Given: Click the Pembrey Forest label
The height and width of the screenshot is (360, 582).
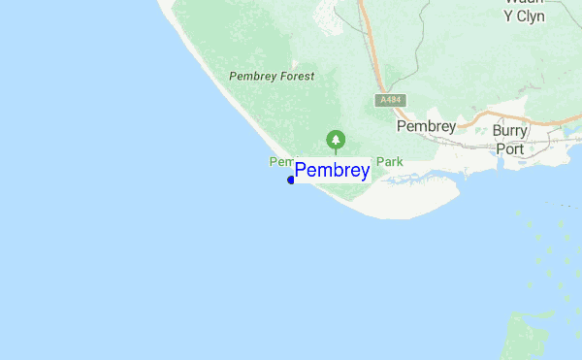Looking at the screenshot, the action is (272, 76).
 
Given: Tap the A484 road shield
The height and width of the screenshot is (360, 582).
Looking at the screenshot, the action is (391, 100).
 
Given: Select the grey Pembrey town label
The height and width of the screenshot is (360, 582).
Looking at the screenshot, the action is (426, 126).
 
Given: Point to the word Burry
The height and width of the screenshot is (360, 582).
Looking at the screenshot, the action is (510, 131).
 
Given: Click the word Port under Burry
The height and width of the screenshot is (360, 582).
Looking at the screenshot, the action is (510, 149).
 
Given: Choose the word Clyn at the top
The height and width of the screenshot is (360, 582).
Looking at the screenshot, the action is (531, 16).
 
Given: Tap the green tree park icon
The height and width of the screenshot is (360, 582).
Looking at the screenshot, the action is (336, 139).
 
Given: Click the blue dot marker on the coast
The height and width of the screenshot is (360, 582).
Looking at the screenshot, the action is (291, 180).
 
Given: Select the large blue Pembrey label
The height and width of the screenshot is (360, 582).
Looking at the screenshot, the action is (332, 172).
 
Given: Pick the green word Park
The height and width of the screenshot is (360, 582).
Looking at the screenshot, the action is (389, 162).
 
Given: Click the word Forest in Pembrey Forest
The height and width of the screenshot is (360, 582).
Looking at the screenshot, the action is (295, 76).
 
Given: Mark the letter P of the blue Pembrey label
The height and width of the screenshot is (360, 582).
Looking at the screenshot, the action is (301, 171).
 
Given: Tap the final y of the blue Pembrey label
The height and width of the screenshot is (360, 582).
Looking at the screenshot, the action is (364, 174).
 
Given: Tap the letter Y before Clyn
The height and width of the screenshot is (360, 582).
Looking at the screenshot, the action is (508, 16).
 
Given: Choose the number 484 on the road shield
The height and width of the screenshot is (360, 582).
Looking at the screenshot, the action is (394, 100).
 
